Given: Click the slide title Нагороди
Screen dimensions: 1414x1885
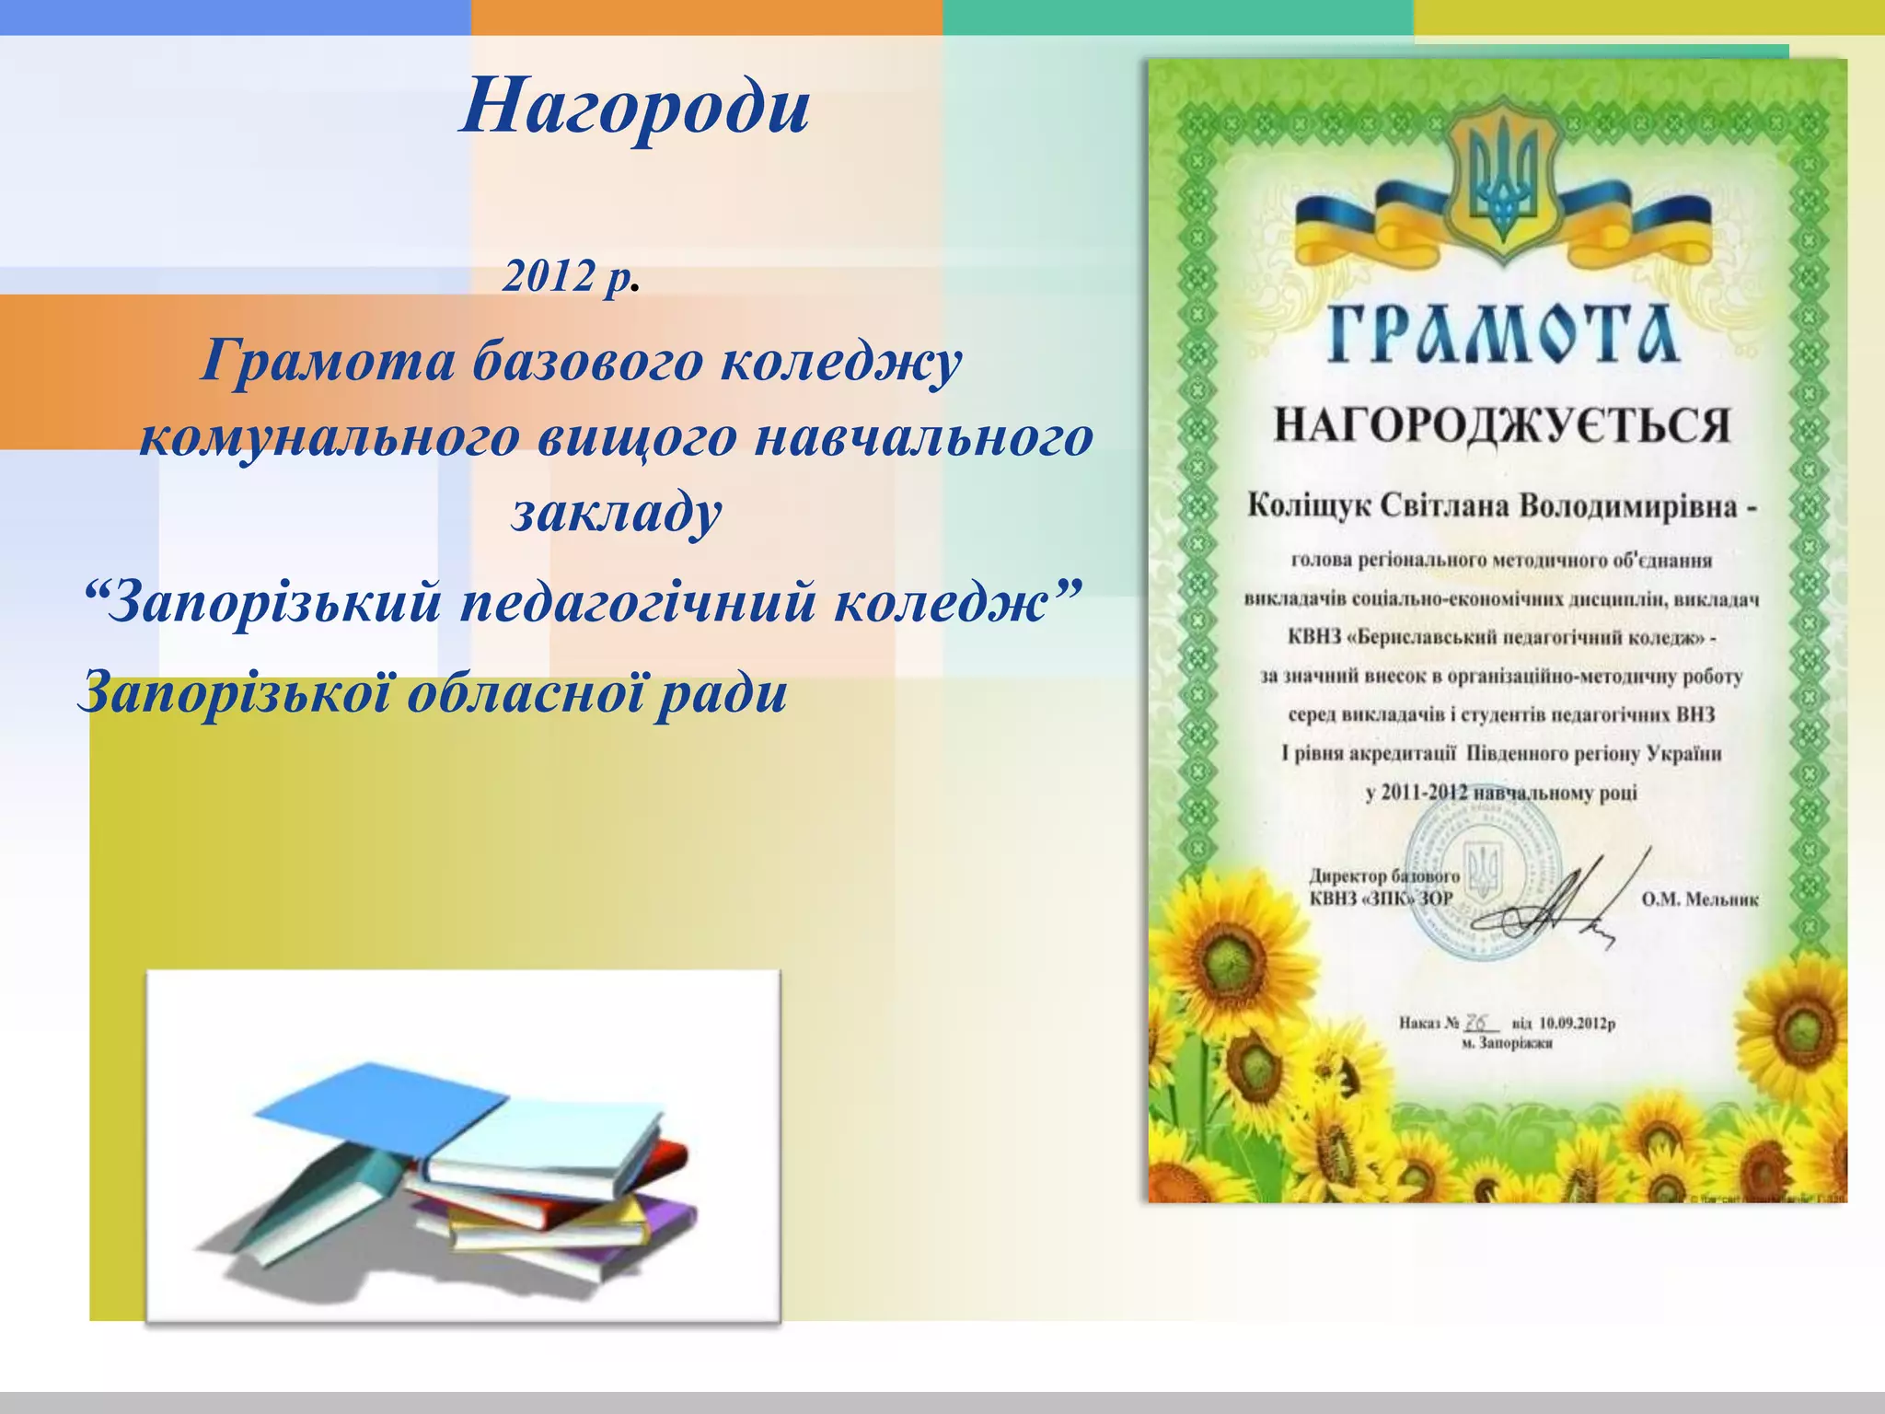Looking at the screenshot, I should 634,107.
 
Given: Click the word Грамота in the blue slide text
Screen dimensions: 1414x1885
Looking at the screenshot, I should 328,360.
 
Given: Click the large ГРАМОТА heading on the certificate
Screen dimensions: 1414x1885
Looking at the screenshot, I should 1503,333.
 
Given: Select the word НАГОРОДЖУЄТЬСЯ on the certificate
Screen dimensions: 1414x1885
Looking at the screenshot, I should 1502,426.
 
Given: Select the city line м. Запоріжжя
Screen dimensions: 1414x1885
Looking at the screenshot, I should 1508,1044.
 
